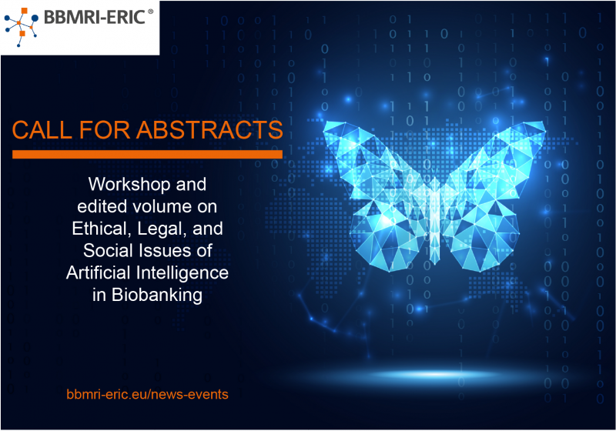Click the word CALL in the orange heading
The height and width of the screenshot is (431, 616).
click(42, 129)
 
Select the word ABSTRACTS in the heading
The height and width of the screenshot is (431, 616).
click(209, 129)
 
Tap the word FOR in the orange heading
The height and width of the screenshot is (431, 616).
click(104, 129)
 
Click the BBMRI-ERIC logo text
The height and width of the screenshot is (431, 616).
click(94, 17)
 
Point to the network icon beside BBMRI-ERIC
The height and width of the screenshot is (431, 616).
click(22, 27)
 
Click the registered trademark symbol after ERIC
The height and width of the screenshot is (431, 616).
click(150, 12)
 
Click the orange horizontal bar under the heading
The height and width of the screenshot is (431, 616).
click(147, 154)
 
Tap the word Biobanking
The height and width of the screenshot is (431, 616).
click(157, 295)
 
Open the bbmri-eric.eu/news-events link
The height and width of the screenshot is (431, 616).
click(147, 394)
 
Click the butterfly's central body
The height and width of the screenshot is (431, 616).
click(434, 220)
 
